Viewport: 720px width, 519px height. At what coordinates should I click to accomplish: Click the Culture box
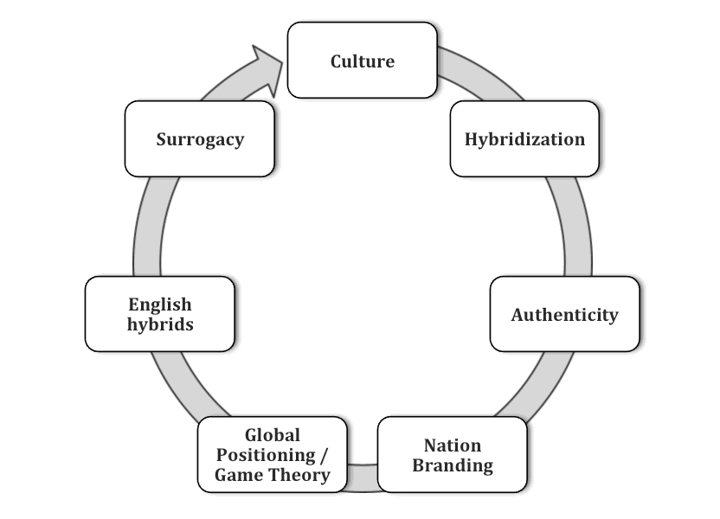[362, 61]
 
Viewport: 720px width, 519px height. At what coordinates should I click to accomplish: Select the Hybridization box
[524, 139]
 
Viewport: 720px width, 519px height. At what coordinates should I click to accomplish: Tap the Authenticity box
[564, 314]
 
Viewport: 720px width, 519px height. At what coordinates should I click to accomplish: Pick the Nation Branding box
[452, 455]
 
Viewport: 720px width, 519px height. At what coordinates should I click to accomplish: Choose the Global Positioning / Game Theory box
[273, 455]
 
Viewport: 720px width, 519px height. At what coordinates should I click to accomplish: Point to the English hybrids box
[160, 314]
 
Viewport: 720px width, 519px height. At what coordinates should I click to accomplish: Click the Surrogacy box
[200, 139]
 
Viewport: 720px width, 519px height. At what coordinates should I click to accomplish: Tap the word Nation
[452, 445]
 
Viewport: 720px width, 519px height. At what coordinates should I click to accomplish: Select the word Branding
[452, 465]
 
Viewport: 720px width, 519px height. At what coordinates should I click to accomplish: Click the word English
[160, 304]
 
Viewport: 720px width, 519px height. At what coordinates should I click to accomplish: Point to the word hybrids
[160, 324]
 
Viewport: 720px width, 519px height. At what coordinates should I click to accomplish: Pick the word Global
[273, 435]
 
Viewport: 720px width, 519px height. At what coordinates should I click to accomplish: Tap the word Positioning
[266, 455]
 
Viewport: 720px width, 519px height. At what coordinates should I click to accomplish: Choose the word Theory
[297, 475]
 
